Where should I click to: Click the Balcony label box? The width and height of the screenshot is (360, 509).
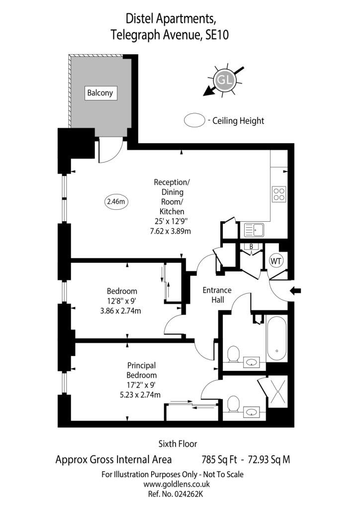click(100, 93)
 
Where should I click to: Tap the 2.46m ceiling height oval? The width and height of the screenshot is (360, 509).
click(116, 202)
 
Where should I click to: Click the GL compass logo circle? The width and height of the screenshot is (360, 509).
click(224, 80)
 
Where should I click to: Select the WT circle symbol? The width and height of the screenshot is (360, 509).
click(276, 261)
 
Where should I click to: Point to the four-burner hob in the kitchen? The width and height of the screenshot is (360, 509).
click(279, 194)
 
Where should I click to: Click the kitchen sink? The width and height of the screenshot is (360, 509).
click(254, 230)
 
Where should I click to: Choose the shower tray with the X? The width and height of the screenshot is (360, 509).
click(278, 392)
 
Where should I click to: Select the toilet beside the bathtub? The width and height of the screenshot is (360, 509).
click(233, 354)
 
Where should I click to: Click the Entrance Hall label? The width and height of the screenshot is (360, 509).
click(217, 295)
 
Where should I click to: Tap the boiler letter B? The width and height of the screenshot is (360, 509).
click(251, 247)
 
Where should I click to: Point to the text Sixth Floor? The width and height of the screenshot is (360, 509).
click(178, 443)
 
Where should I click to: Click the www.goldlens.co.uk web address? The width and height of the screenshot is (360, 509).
click(177, 484)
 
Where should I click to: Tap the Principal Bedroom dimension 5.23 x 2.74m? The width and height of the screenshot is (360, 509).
click(140, 395)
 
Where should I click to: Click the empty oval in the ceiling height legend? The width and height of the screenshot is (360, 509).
click(194, 120)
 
